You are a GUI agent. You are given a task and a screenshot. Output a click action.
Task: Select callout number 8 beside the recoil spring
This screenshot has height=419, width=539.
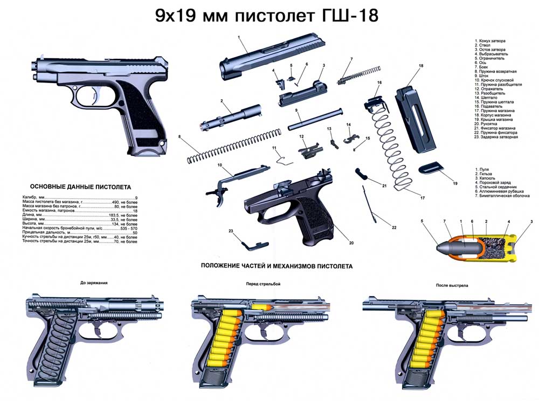(179, 137)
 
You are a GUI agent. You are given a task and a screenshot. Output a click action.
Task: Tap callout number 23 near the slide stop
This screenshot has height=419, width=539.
(230, 231)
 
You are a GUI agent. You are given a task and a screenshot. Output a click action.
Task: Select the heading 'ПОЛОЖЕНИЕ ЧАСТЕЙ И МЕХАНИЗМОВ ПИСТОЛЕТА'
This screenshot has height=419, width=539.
(277, 266)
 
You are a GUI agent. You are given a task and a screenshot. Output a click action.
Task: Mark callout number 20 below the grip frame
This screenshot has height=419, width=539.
(351, 243)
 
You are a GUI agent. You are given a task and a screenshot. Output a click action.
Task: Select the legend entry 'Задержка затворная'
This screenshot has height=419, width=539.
(496, 137)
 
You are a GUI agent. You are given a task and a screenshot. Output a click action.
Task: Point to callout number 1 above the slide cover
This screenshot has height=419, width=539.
(238, 37)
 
